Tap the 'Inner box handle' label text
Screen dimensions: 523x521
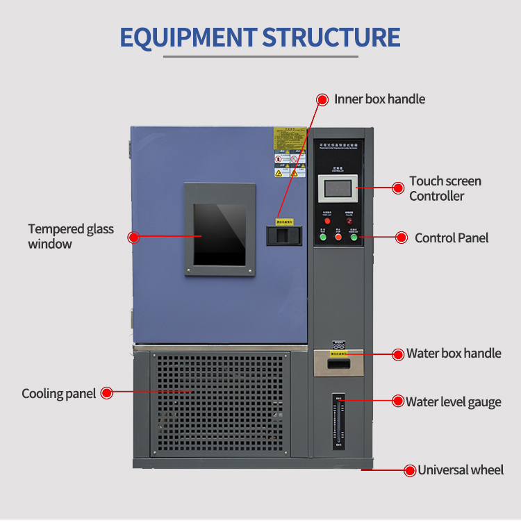[379, 99]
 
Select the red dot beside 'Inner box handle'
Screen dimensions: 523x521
[322, 99]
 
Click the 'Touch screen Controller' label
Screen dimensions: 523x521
[445, 188]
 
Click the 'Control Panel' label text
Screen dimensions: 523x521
[452, 238]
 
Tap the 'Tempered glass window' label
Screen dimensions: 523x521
[71, 236]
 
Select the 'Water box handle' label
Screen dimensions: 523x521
[453, 354]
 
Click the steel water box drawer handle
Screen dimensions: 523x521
[338, 362]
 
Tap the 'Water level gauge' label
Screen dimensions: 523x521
[453, 401]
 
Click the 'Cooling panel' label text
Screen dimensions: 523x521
[58, 394]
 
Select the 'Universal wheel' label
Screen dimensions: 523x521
[460, 470]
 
